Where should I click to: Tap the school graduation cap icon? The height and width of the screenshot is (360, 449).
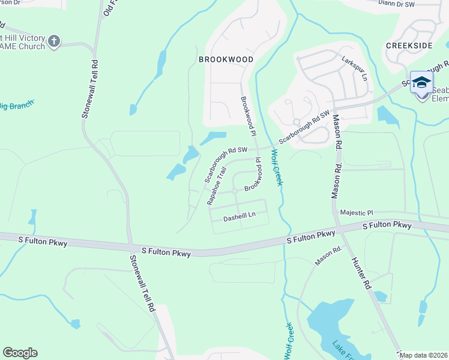421,82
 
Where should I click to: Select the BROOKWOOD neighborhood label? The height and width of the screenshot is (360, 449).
226,59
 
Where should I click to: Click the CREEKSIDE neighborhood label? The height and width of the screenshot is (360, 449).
409,45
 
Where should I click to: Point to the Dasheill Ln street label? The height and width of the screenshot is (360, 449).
239,215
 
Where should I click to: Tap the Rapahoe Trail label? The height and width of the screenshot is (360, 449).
215,186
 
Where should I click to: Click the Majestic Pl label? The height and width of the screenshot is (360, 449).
357,212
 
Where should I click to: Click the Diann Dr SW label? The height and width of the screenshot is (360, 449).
397,3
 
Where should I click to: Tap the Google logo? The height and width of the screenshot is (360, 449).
20,353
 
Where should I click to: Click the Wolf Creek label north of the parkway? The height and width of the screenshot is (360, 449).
277,167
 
